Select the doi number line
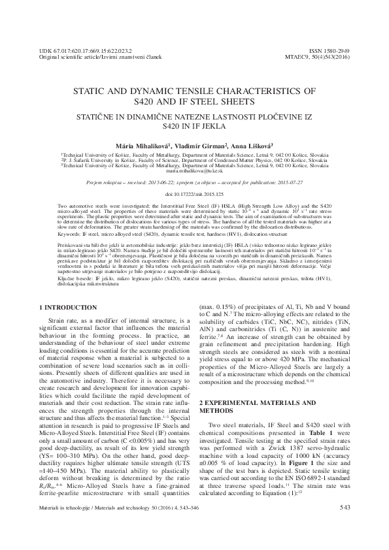click(194, 195)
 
